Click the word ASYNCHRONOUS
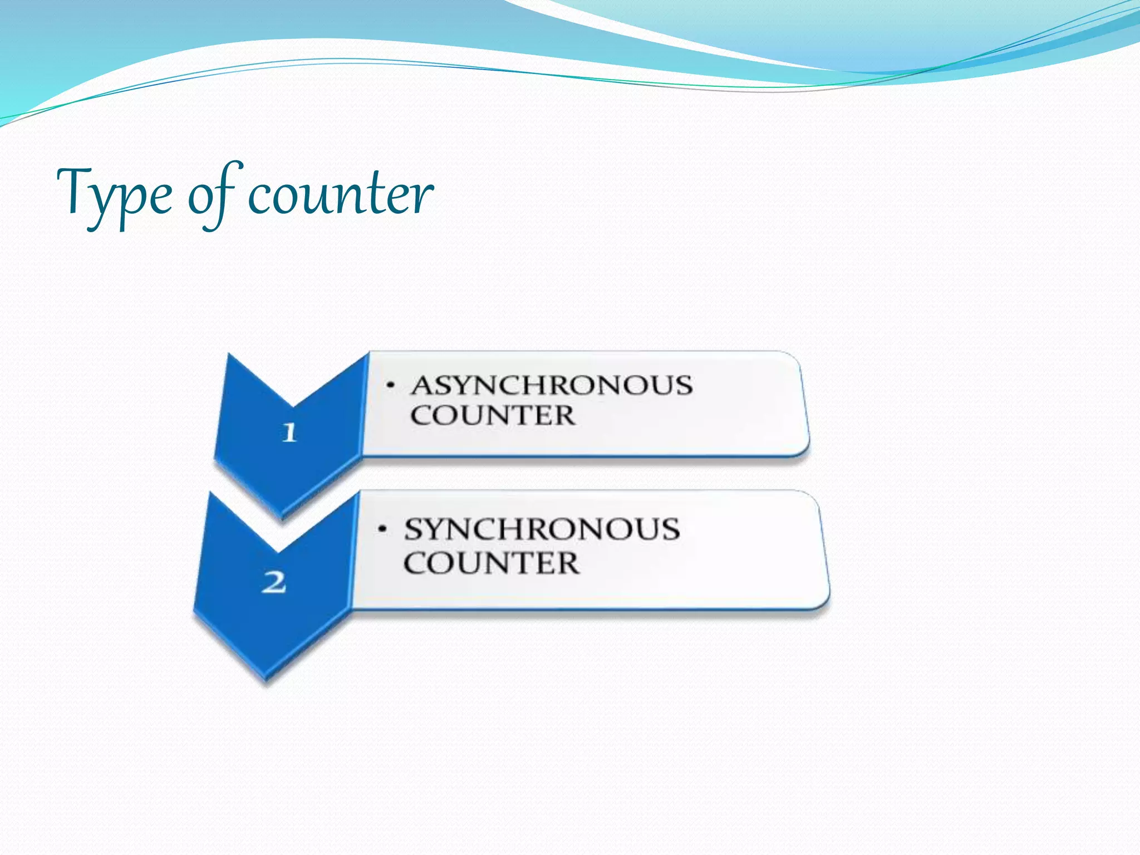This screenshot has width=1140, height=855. tap(551, 385)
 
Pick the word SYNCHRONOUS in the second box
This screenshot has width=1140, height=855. tap(542, 529)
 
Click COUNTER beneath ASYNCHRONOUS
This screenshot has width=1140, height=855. tap(493, 415)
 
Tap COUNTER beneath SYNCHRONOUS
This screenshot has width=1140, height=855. tap(491, 563)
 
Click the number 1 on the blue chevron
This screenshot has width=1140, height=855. tap(289, 433)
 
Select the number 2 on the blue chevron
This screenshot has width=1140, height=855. tap(274, 583)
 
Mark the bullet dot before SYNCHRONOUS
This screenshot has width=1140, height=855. tap(382, 528)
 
